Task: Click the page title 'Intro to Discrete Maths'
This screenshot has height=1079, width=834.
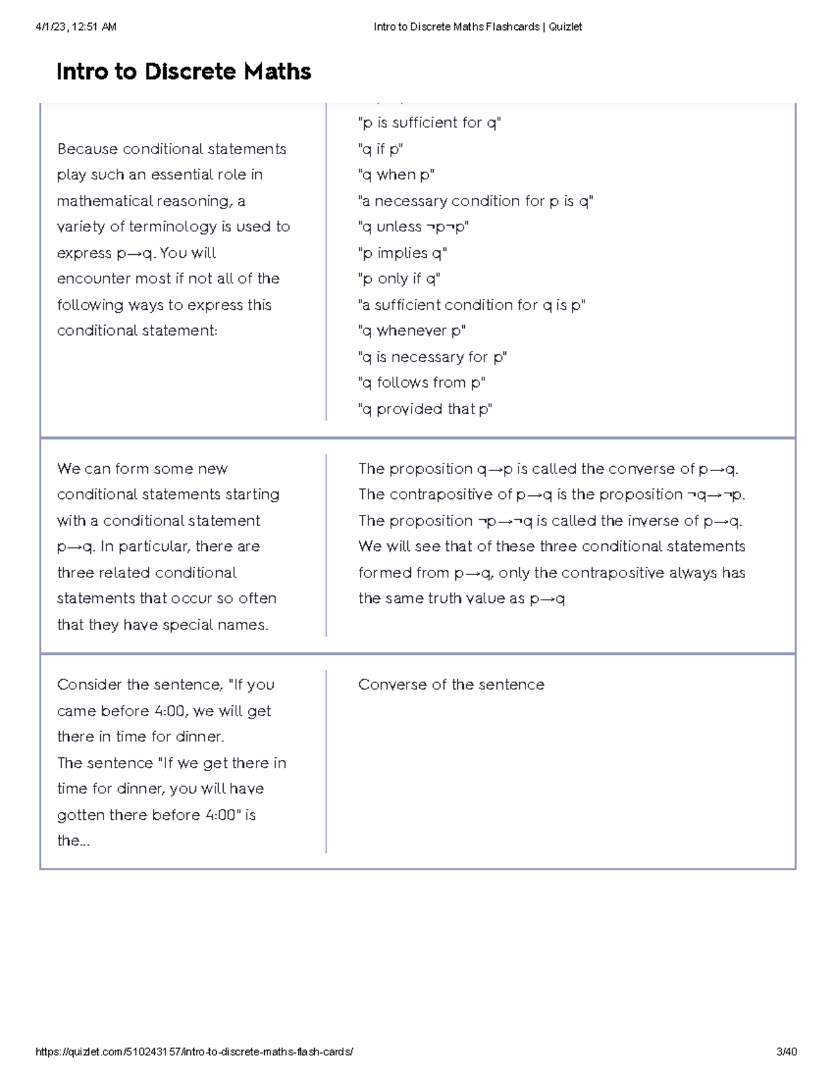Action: pyautogui.click(x=183, y=72)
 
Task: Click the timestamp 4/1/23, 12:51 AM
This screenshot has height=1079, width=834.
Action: pyautogui.click(x=76, y=27)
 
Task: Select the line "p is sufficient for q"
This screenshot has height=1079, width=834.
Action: pyautogui.click(x=429, y=123)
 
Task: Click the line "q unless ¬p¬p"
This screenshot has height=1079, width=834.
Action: pyautogui.click(x=414, y=227)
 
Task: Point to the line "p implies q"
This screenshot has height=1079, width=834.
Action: pyautogui.click(x=402, y=253)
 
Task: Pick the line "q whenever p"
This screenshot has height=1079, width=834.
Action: pyautogui.click(x=411, y=331)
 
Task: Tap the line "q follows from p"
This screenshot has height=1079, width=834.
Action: pyautogui.click(x=421, y=383)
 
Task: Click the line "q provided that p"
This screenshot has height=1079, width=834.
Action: pyautogui.click(x=425, y=409)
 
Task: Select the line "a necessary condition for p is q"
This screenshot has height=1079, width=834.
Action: pyautogui.click(x=475, y=201)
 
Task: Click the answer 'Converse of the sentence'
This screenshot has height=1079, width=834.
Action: pyautogui.click(x=451, y=685)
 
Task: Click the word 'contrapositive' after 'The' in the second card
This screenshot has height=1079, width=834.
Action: pyautogui.click(x=434, y=495)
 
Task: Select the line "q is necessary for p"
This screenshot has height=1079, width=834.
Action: pyautogui.click(x=432, y=357)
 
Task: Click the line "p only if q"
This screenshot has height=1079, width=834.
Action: pyautogui.click(x=399, y=279)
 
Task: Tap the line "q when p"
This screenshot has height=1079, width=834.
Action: pyautogui.click(x=396, y=175)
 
